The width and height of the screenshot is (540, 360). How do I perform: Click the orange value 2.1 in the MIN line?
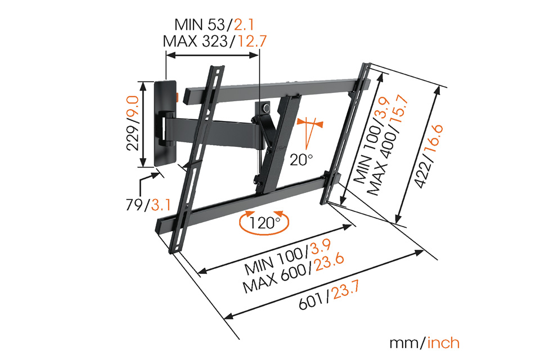[244, 24]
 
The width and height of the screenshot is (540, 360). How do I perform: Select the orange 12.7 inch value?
[253, 41]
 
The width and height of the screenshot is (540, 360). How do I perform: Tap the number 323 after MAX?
[214, 41]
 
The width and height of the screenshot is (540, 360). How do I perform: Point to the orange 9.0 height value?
[133, 107]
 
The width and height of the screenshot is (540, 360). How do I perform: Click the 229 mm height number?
[133, 137]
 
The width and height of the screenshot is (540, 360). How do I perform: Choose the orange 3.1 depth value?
[161, 205]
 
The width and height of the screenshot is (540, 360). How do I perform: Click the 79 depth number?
[134, 205]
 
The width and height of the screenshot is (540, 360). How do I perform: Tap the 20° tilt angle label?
[301, 160]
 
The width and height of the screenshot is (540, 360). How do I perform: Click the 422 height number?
[422, 175]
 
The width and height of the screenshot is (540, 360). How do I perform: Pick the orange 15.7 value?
[400, 112]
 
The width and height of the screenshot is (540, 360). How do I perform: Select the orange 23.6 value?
[330, 264]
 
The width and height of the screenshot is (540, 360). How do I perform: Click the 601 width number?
[312, 301]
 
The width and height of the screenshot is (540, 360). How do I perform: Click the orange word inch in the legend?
[443, 343]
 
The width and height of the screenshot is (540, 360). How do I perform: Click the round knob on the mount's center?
[266, 108]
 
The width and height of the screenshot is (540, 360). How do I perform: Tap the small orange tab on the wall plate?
[177, 97]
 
